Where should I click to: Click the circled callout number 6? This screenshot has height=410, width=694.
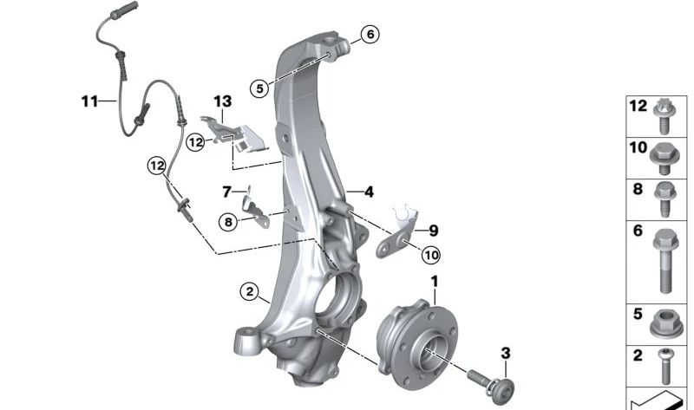point(370,34)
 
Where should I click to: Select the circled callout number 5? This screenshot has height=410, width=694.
point(259,88)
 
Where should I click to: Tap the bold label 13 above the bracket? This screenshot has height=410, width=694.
point(223,101)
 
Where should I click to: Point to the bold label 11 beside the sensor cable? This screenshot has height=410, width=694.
point(89,101)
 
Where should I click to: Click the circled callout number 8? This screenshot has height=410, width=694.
point(228,221)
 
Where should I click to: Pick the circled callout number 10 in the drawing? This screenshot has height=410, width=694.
point(430,255)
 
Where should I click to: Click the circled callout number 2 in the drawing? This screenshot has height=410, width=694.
point(250,291)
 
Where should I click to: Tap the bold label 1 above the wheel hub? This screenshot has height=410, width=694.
point(435,282)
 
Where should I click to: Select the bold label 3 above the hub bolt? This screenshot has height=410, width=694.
point(506,353)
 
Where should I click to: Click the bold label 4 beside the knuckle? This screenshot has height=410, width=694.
point(369,192)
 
